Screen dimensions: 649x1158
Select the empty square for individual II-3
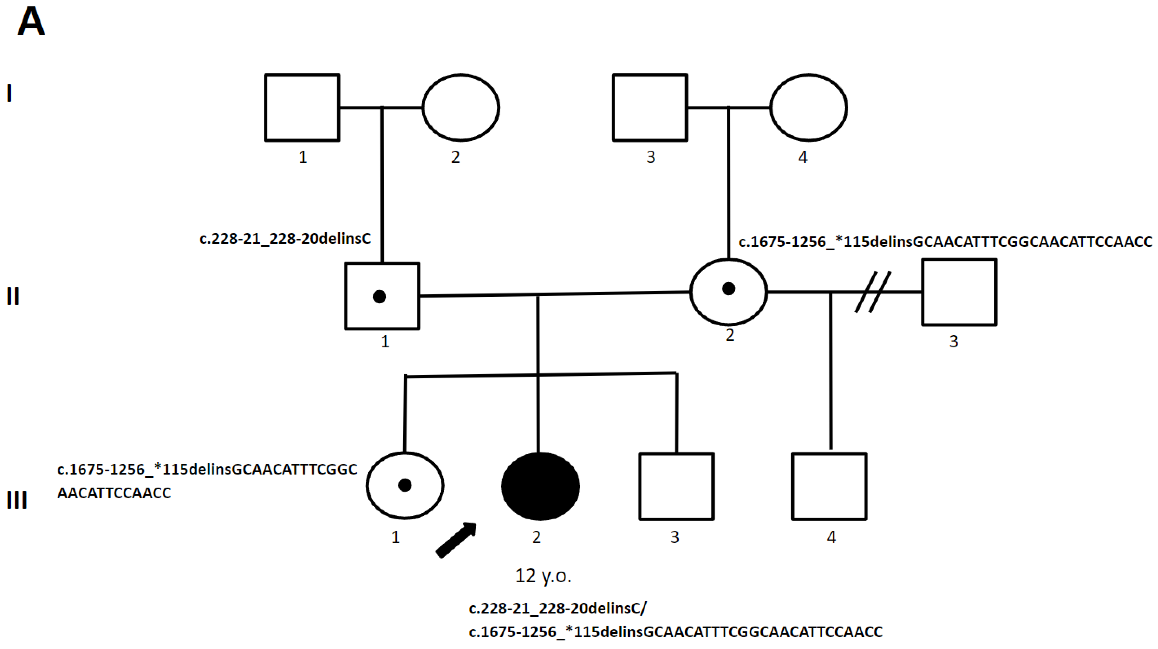[959, 292]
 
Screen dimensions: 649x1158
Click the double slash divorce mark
[872, 292]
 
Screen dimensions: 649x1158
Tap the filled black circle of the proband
[540, 486]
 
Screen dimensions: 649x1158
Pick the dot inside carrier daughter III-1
[405, 485]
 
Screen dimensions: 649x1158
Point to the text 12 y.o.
[543, 576]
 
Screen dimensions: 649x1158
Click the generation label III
[17, 500]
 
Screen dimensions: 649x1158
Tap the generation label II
[13, 296]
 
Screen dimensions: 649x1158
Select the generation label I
[9, 94]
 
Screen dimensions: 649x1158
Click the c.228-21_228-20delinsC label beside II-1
[285, 238]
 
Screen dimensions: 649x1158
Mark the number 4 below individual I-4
[803, 157]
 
